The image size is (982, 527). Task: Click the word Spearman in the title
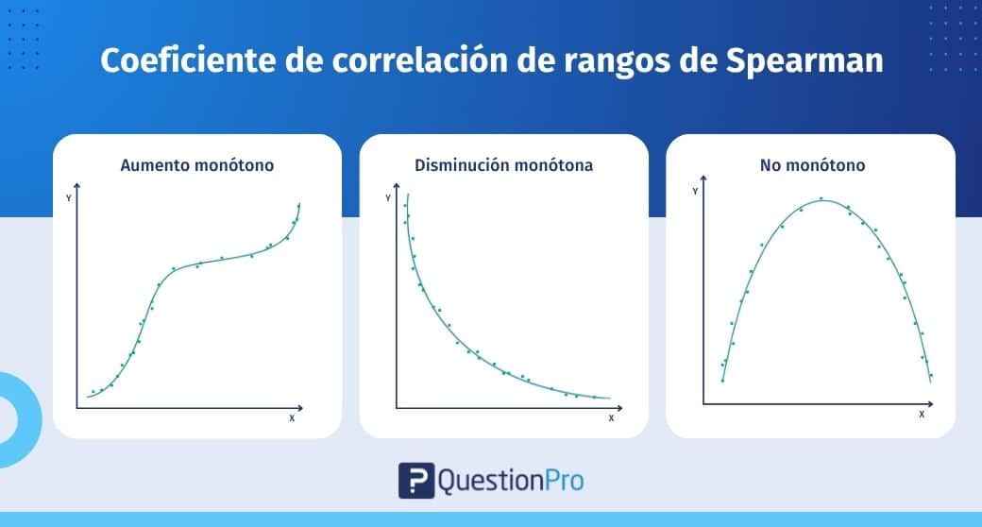(804, 61)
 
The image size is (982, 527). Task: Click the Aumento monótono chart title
(197, 165)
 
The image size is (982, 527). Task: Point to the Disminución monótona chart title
(503, 165)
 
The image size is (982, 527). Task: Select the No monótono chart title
(812, 165)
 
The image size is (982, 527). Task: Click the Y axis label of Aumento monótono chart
(69, 198)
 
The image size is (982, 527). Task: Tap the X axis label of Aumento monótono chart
(292, 418)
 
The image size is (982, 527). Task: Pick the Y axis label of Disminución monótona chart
(388, 198)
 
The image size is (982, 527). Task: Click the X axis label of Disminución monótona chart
(611, 418)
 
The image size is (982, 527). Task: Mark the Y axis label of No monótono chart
(695, 191)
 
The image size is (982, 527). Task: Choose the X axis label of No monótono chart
(922, 415)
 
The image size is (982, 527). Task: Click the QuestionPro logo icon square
(416, 481)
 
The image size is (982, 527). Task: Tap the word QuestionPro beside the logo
(511, 482)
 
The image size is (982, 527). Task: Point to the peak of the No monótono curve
(823, 200)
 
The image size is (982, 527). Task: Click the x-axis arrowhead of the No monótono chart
(931, 404)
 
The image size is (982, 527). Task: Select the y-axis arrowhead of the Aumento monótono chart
(77, 185)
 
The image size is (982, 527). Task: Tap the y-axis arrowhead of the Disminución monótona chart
(397, 185)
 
